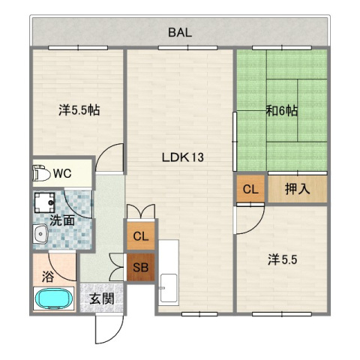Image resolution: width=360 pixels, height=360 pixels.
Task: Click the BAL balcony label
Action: pos(180,32)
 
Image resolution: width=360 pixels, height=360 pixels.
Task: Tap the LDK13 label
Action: pos(183,157)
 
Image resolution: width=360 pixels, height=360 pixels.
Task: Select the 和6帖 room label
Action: pos(282,111)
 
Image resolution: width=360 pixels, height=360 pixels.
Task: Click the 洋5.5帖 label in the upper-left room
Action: pos(79,110)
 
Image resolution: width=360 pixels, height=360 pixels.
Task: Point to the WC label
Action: pos(62,173)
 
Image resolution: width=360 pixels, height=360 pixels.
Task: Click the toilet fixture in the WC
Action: pos(41,172)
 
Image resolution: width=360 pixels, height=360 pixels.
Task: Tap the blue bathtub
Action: pos(54,299)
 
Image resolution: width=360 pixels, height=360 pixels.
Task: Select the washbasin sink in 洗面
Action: pos(40,234)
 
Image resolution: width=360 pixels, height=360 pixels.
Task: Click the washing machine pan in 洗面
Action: pos(44,202)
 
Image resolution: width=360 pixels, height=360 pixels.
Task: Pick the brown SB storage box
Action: pos(141,267)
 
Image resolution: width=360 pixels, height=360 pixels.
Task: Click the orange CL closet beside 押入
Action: pos(250,189)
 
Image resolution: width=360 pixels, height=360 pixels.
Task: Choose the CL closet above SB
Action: pos(141,235)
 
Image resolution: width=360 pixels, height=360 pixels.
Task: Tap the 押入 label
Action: pos(298,189)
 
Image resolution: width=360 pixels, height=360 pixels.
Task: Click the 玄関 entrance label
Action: pos(102,298)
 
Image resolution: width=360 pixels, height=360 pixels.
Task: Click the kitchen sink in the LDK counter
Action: pos(169,288)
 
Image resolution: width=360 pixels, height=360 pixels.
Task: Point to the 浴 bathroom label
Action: pos(47,277)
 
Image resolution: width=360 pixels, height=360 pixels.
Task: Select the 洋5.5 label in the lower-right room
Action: pos(283,260)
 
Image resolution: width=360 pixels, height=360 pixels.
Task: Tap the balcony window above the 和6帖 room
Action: pos(282,47)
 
